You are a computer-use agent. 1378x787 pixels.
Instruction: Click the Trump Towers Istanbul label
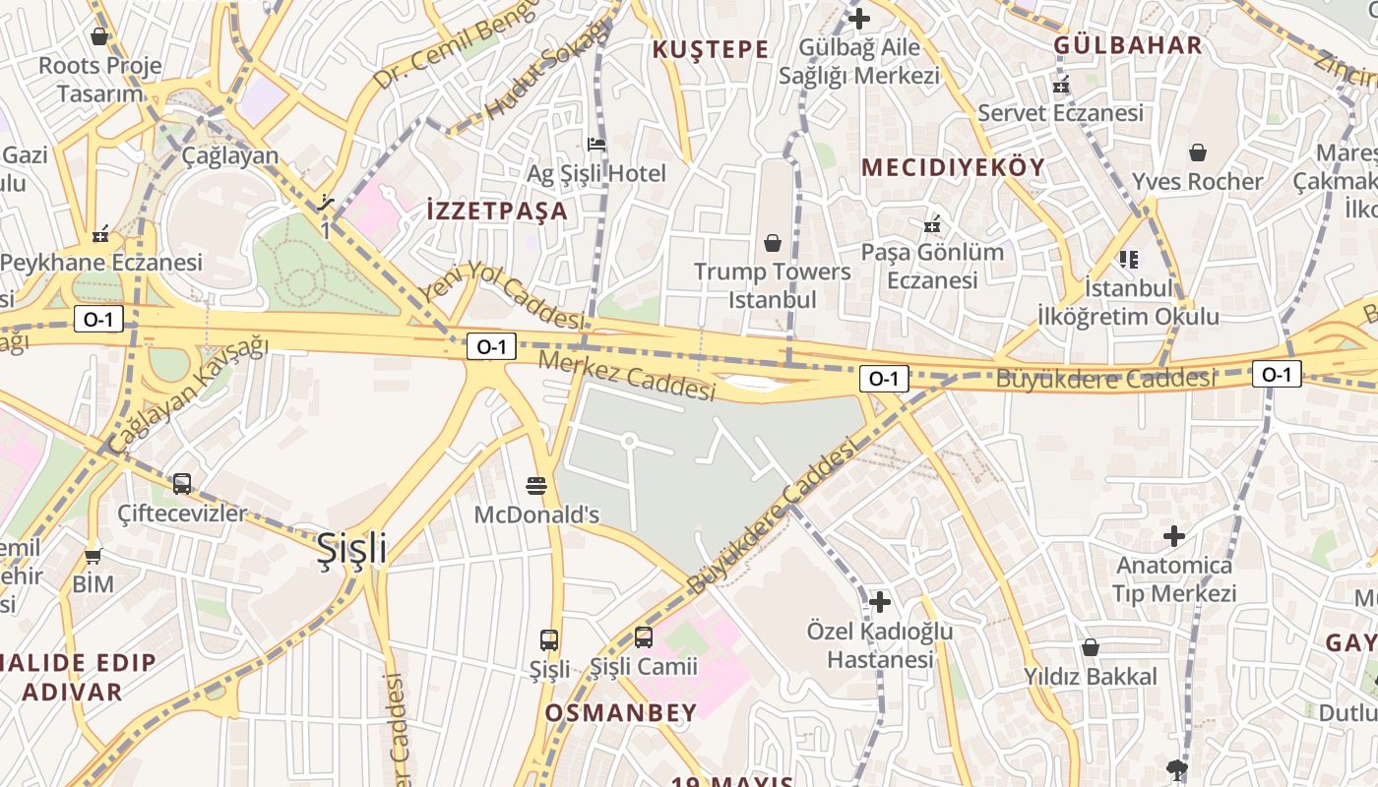772,284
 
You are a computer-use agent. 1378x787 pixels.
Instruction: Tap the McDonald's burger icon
536,485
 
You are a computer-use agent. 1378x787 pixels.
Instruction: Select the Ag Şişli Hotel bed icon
595,145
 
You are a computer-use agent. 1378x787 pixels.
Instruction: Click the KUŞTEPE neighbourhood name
711,49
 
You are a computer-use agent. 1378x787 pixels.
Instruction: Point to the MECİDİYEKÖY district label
953,167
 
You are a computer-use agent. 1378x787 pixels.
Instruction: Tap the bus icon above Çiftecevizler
182,484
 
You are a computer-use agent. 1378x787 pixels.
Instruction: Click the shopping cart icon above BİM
93,557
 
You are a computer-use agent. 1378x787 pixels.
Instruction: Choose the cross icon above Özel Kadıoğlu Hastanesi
880,601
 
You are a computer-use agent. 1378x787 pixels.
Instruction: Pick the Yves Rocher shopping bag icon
1198,152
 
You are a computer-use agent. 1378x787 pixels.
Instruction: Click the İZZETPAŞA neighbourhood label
497,211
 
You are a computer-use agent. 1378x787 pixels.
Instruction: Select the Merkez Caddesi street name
627,376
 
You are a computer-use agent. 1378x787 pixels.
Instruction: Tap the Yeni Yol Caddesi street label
502,295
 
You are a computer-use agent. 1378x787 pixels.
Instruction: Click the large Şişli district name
352,550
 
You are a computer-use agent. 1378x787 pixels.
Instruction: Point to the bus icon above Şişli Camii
643,637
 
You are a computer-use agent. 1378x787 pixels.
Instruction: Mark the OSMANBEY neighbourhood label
620,712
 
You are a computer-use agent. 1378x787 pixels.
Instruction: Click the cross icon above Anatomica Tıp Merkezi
1173,536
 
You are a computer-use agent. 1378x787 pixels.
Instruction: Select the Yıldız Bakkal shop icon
1090,647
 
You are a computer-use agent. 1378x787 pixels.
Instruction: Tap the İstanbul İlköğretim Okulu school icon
1128,260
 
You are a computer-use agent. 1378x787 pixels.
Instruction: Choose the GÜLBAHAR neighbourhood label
1128,45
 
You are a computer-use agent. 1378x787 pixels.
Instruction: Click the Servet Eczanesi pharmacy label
1060,113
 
